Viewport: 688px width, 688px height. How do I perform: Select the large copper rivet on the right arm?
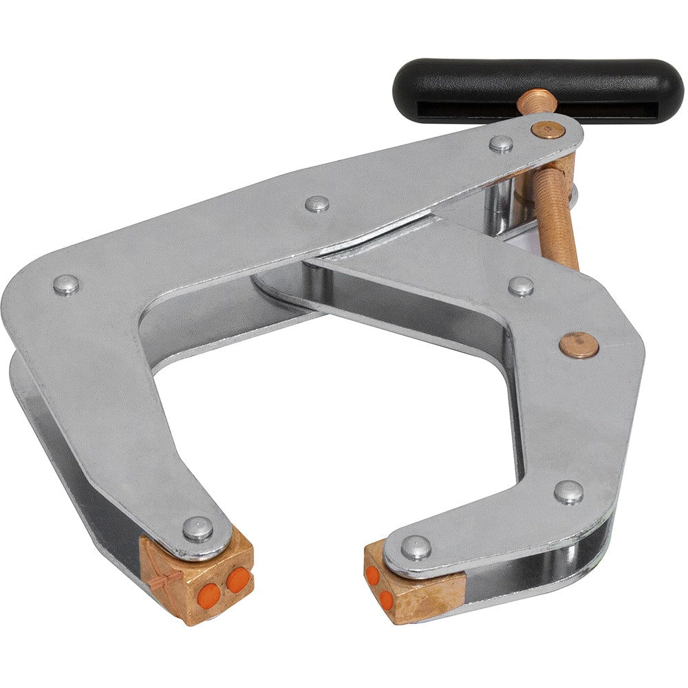pos(578,345)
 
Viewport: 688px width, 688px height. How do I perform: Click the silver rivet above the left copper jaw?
pos(198,528)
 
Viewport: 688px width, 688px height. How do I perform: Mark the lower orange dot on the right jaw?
pos(387,599)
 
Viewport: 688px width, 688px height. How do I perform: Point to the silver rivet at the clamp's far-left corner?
pos(66,284)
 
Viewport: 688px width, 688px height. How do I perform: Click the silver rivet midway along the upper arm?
pos(316,204)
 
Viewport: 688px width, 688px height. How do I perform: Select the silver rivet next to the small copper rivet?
pos(502,143)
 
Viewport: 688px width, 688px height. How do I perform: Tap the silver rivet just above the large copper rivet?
pos(521,286)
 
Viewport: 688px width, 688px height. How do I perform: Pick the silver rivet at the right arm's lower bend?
pos(568,491)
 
